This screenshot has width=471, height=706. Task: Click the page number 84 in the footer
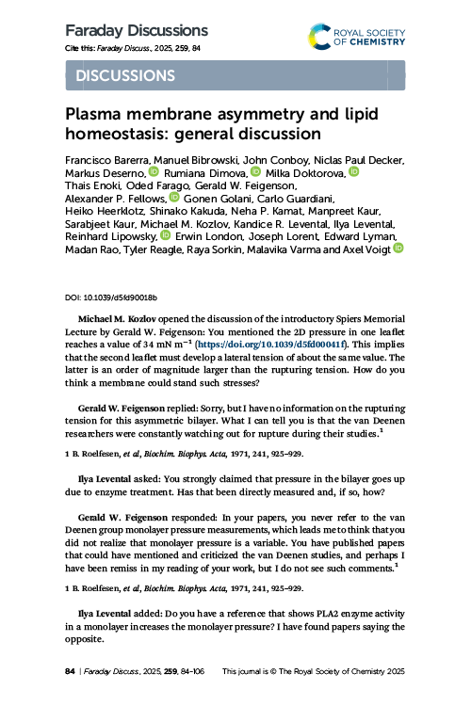[70, 671]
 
